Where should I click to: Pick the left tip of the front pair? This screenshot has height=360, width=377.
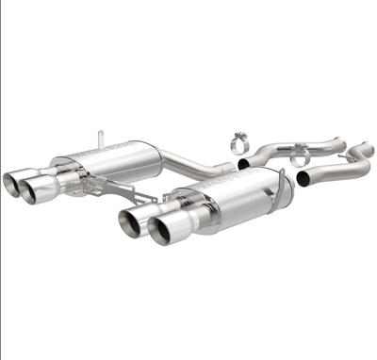tap(133, 221)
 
